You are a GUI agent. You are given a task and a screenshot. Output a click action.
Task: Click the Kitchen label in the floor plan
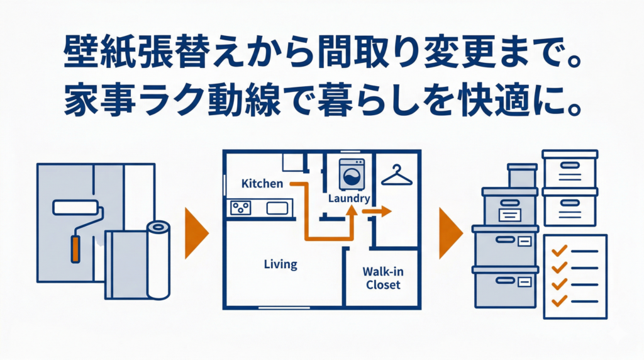coord(262,184)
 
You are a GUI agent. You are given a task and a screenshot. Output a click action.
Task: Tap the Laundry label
coord(349,198)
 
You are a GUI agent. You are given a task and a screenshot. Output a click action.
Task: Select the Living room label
coord(280,264)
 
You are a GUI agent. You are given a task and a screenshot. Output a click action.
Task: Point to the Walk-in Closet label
coord(382,278)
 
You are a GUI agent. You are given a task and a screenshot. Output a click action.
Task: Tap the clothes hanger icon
coord(396,175)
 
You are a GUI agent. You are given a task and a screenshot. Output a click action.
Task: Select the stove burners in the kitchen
coord(240,207)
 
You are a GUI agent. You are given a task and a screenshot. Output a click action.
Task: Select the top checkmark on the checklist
coord(557,252)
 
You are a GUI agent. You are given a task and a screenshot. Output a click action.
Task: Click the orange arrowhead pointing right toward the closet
coord(384,212)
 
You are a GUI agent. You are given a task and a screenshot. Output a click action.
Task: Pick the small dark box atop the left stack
coord(522,176)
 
